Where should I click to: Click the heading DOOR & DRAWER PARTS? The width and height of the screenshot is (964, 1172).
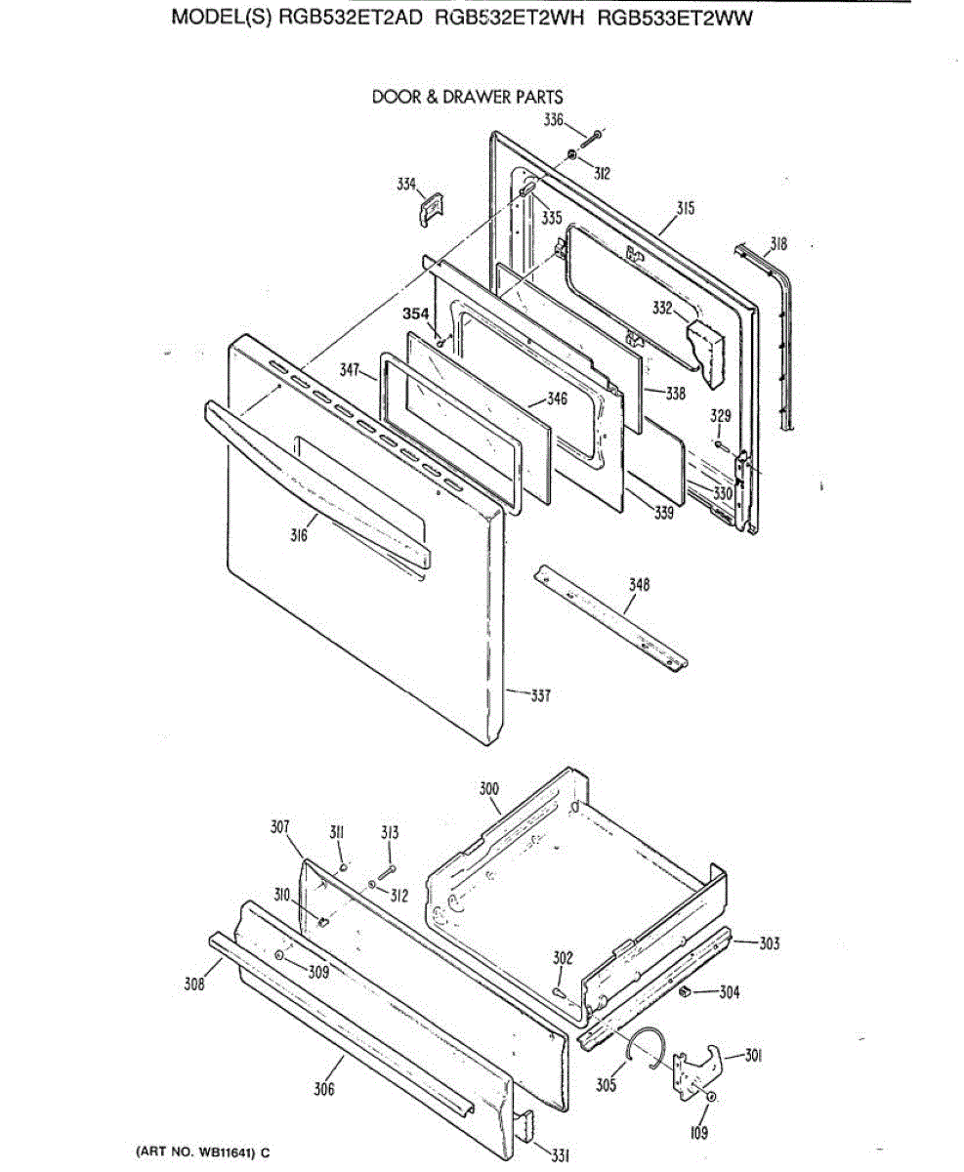467,97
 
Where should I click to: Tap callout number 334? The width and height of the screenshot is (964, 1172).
405,183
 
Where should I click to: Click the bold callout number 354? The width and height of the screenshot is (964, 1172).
416,314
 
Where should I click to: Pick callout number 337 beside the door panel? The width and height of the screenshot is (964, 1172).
540,695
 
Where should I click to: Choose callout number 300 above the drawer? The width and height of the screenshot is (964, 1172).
488,787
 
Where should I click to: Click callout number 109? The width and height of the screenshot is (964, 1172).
698,1133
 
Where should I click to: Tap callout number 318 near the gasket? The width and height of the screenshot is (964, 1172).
777,244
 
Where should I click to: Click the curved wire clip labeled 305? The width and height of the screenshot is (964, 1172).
646,1044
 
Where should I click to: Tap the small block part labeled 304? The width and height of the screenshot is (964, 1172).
687,993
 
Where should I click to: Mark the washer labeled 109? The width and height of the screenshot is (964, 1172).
711,1098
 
